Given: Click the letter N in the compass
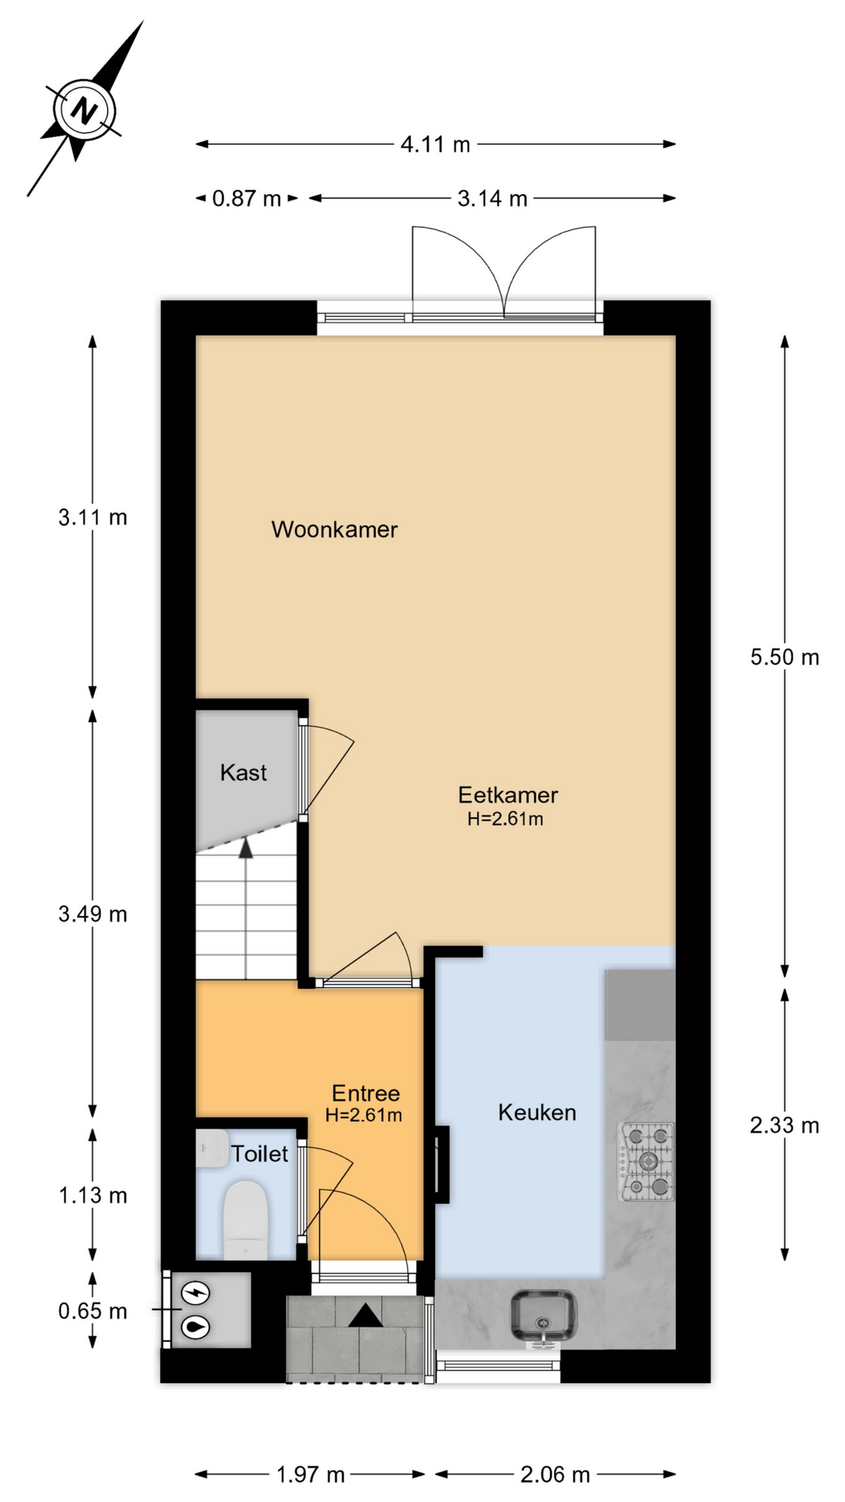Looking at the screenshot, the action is point(83,110).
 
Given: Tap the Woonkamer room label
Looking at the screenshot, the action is point(334,530).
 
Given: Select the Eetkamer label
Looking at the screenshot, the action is point(508,795).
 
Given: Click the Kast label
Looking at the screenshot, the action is point(243,773).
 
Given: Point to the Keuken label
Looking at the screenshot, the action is point(537,1112).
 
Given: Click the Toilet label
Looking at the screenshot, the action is point(259,1154).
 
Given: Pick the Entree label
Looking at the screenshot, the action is point(365,1093).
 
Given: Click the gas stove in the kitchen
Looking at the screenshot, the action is point(646,1162).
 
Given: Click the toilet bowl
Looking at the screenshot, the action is point(246,1220).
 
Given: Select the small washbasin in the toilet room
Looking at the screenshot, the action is point(212,1148).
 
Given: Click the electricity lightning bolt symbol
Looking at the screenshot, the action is point(196,1293).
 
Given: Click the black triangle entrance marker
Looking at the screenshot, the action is point(365,1316).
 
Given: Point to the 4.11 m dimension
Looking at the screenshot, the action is point(435,145).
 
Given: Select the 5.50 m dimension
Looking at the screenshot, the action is point(785,657).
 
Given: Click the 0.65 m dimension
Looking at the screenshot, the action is point(92,1311).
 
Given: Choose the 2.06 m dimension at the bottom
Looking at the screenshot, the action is point(555,1475).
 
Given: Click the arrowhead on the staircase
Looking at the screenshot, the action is point(246,848).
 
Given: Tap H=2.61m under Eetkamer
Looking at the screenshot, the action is point(505,819).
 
